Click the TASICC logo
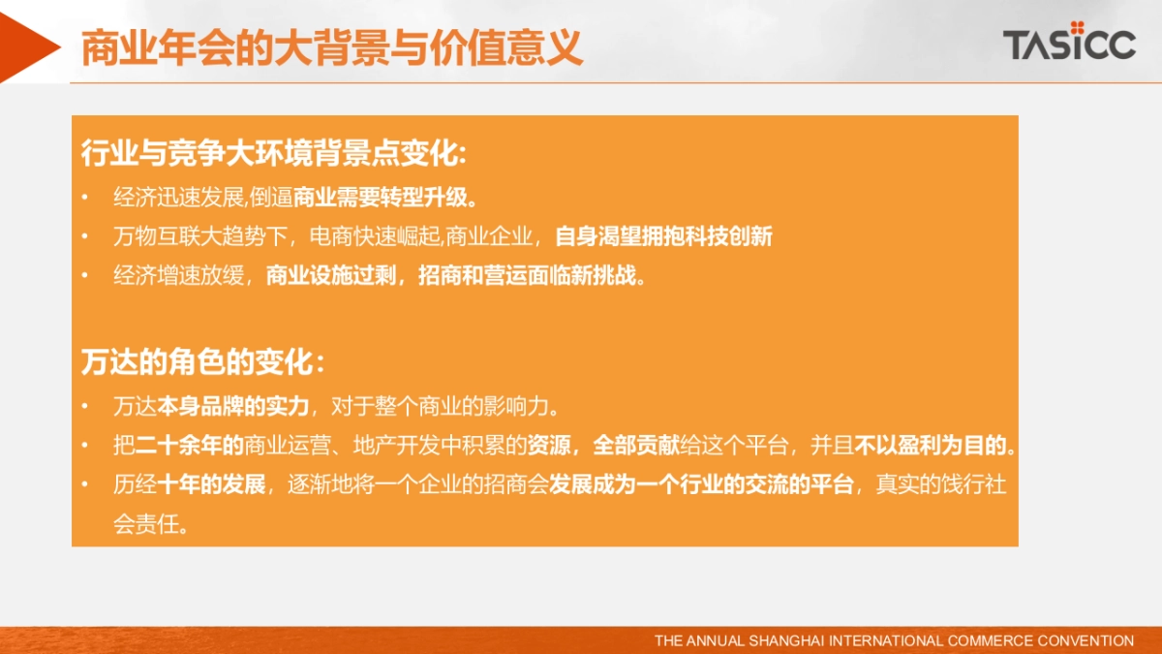pos(1068,42)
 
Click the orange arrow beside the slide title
pos(28,42)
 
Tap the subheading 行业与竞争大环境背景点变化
pos(273,154)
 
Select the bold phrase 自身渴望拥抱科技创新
pos(663,235)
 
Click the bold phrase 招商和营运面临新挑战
pos(531,275)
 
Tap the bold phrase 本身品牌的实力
pos(232,404)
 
